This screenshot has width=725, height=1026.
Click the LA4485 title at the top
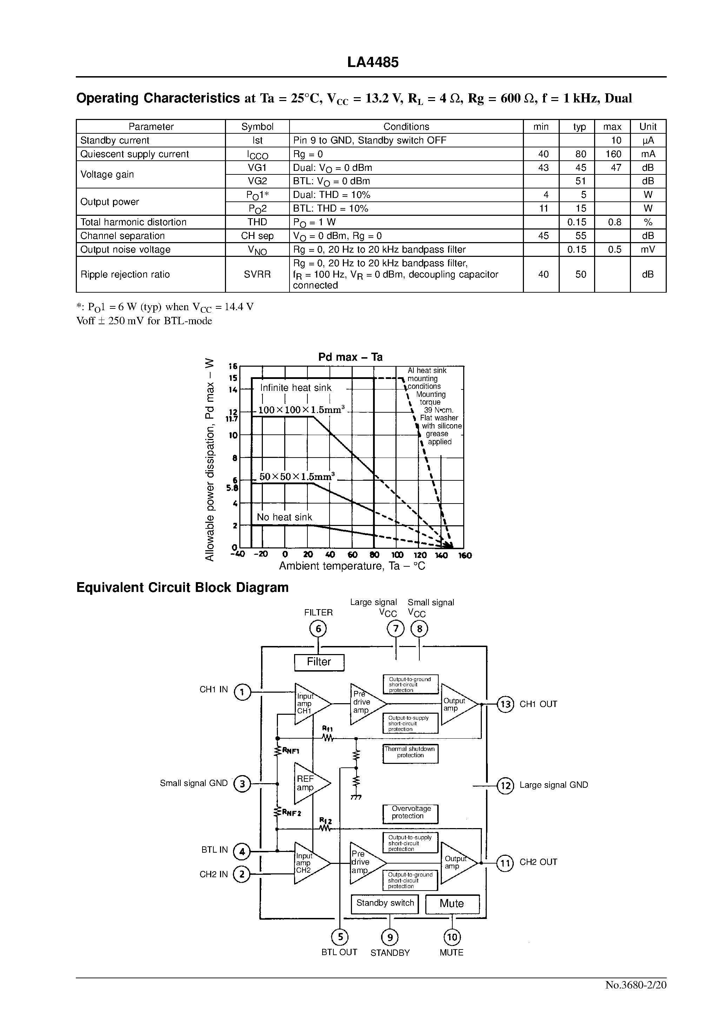372,62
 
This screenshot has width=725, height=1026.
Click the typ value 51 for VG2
580,181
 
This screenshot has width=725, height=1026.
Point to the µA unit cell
648,140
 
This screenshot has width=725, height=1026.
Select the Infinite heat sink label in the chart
295,388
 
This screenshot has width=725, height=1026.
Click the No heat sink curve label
284,517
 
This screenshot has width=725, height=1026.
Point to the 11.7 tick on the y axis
232,419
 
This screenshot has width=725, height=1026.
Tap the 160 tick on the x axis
465,555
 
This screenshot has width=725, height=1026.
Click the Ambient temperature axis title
352,566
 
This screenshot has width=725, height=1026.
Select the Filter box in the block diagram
319,662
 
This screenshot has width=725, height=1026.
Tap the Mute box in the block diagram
452,904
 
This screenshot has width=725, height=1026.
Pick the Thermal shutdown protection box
410,754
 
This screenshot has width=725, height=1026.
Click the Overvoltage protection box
410,814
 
